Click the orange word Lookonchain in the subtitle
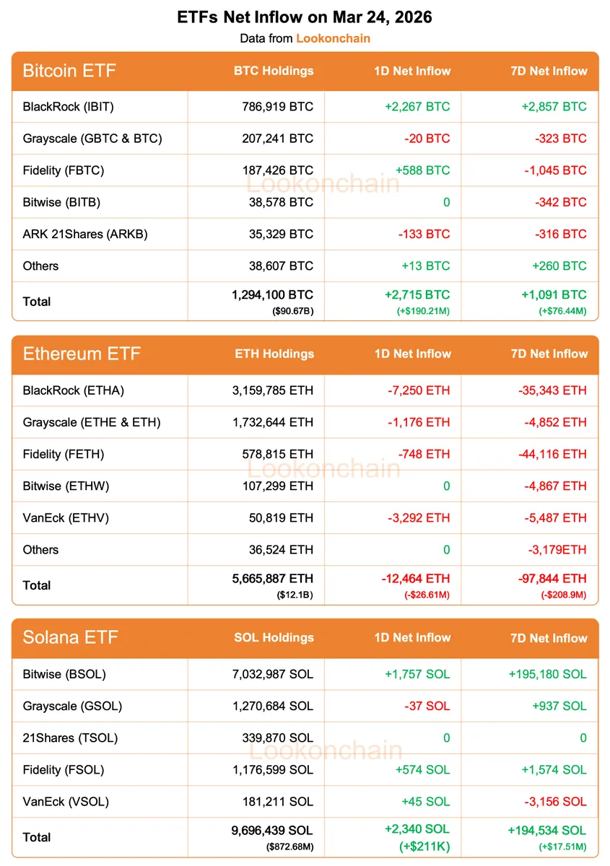coord(333,38)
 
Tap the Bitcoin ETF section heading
coord(69,71)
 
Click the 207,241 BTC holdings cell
coord(277,139)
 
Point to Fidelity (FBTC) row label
coord(64,170)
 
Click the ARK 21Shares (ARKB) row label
coord(85,234)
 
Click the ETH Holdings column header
coord(274,354)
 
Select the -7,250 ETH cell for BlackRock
coord(418,390)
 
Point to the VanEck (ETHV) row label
coord(66,517)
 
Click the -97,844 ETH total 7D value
coord(552,578)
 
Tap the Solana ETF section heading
coord(71,637)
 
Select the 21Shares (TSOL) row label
coord(70,738)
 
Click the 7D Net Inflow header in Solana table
coord(549,638)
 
